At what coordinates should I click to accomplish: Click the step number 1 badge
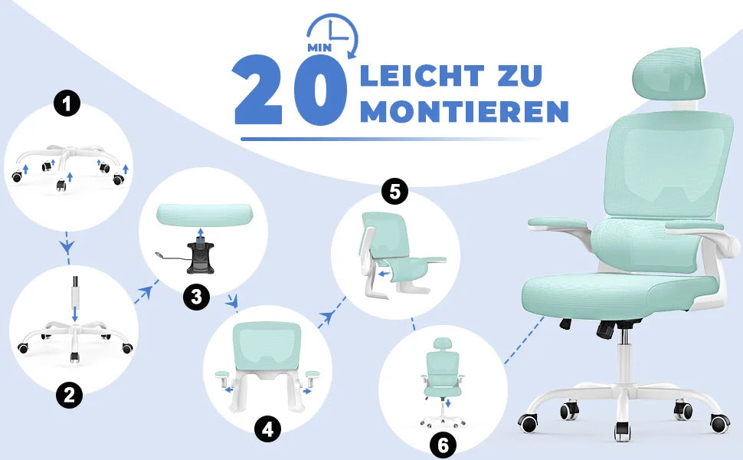(x=68, y=103)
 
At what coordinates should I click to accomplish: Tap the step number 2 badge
(x=69, y=396)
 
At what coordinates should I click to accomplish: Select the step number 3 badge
(x=197, y=297)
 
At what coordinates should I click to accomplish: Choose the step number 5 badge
(x=394, y=192)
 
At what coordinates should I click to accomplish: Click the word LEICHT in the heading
(x=422, y=76)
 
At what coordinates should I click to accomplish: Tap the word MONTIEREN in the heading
(x=464, y=112)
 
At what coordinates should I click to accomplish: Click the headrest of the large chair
(x=668, y=76)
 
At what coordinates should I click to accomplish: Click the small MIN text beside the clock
(x=318, y=47)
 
